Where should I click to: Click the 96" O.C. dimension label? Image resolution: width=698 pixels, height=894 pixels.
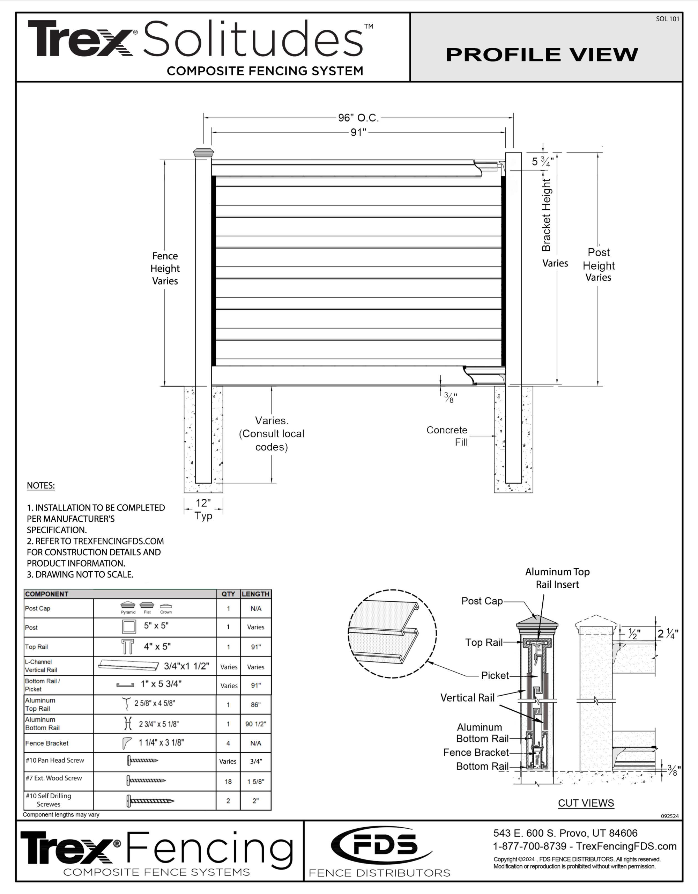click(x=358, y=118)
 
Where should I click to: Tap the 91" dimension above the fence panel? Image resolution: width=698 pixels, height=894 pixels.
click(x=358, y=133)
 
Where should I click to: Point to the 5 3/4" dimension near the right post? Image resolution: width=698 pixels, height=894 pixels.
click(x=543, y=161)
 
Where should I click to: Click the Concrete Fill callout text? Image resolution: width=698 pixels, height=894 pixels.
click(x=447, y=436)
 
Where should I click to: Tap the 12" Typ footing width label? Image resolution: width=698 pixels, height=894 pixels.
click(x=203, y=509)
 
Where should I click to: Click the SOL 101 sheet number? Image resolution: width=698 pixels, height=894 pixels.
click(x=667, y=19)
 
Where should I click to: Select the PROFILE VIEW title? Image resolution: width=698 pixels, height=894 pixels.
click(x=542, y=54)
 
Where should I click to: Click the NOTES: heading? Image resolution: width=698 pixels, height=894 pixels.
click(x=40, y=485)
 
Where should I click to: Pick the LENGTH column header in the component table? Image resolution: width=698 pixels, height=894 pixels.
click(x=255, y=594)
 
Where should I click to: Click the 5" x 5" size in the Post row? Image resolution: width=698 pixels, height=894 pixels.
click(x=156, y=626)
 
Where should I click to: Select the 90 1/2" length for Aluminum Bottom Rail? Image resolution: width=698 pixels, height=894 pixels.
click(x=255, y=724)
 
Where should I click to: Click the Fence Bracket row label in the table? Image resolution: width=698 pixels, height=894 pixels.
click(x=47, y=743)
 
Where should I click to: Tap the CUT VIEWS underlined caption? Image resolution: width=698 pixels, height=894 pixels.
click(x=586, y=803)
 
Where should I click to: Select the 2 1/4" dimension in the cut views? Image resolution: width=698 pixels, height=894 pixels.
click(x=667, y=634)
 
